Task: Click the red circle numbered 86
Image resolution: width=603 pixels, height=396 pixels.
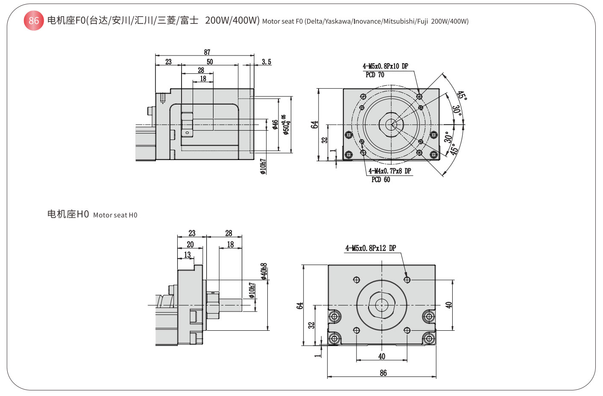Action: coord(34,20)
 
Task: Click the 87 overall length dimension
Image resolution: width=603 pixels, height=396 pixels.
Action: coord(207,52)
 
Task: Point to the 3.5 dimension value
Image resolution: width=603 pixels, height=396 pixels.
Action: coord(266,62)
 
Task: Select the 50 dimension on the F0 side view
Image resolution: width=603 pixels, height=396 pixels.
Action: coord(210,62)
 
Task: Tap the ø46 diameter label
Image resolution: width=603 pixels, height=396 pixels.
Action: coord(275,124)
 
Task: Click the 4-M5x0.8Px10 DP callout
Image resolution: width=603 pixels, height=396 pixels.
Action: coord(385,66)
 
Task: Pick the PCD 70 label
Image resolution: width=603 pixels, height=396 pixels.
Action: coord(375,75)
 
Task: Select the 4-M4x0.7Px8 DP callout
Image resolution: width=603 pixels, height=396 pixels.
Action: coord(390,171)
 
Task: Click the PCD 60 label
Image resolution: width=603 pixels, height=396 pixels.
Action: coord(381,180)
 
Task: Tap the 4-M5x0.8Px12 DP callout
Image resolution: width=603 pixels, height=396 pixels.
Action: coord(371,248)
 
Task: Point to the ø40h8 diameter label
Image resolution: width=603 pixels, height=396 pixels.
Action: coord(264,271)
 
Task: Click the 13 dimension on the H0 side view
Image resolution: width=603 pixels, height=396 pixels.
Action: coord(187,255)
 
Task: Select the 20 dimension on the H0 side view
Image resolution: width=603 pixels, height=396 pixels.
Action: coord(190,245)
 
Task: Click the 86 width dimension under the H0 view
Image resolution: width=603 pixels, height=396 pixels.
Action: coord(383,373)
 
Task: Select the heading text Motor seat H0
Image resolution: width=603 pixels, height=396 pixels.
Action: coord(115,215)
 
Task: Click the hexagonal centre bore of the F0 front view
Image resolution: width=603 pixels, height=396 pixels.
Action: coord(391,125)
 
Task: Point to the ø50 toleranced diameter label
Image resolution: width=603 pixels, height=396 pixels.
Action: coord(286,125)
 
